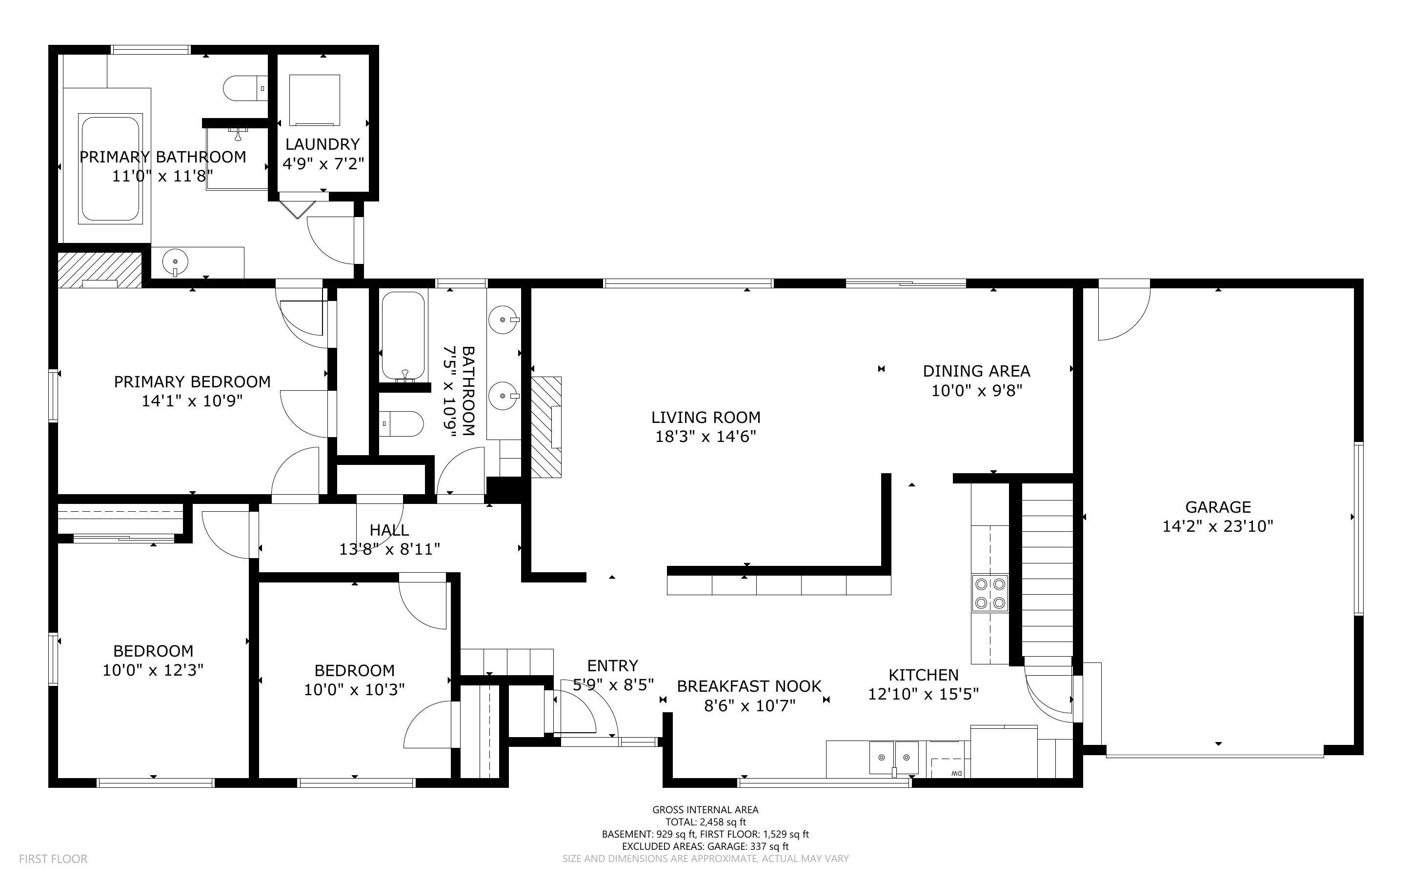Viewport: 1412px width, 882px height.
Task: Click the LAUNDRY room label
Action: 323,144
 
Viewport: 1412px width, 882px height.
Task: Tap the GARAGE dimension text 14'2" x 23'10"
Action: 1218,526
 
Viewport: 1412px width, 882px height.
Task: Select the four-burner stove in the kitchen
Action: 990,593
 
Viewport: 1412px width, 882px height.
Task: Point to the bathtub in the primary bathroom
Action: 110,169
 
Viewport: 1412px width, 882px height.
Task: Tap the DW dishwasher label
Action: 956,774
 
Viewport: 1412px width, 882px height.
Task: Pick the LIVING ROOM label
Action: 706,417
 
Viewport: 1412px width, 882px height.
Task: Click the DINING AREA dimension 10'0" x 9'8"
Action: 976,390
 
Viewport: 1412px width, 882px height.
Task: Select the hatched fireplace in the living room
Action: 546,427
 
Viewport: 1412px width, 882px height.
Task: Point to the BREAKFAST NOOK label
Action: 749,686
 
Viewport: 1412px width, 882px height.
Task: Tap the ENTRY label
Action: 612,665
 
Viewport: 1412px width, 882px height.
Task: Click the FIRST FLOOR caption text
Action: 53,859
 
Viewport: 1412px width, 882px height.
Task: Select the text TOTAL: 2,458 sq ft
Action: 706,822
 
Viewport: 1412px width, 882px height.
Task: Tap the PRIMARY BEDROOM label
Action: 192,381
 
